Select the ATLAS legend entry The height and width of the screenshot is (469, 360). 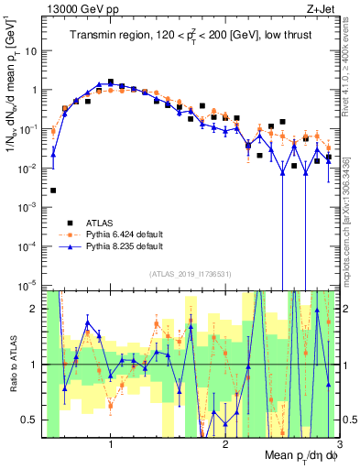(101, 223)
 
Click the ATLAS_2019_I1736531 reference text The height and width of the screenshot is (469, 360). (189, 274)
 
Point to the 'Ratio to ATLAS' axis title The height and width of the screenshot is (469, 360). (11, 364)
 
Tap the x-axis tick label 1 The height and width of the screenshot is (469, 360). (111, 445)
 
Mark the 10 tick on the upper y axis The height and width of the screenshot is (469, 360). (31, 50)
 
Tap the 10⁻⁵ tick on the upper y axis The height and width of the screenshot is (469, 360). (29, 285)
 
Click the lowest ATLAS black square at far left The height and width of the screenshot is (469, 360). (53, 191)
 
